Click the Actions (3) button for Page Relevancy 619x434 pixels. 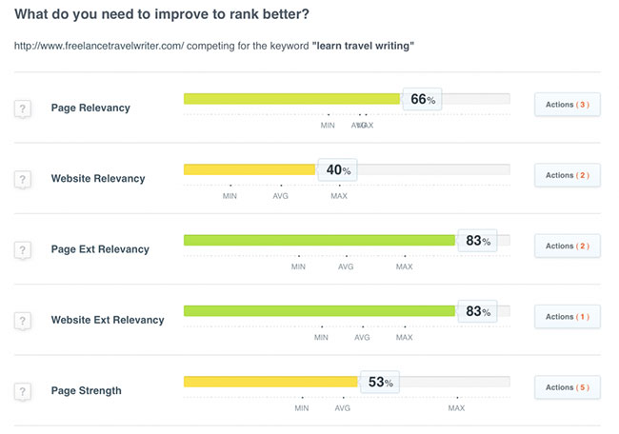[567, 105]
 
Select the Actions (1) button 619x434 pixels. [567, 317]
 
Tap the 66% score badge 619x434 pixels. [422, 99]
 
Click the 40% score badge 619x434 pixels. [338, 170]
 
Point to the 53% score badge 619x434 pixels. [380, 383]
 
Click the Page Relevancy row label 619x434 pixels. [90, 108]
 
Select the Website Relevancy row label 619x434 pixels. [98, 178]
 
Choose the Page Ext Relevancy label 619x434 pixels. [100, 249]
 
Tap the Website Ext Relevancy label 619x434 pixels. [108, 320]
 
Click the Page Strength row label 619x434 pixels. [87, 390]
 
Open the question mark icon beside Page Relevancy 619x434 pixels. [23, 108]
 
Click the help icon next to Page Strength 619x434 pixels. [23, 391]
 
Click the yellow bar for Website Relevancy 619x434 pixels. [250, 169]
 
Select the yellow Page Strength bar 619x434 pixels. [270, 382]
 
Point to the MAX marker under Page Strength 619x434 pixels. [456, 408]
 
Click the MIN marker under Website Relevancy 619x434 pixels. [230, 196]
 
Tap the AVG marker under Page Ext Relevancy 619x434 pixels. [346, 266]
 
